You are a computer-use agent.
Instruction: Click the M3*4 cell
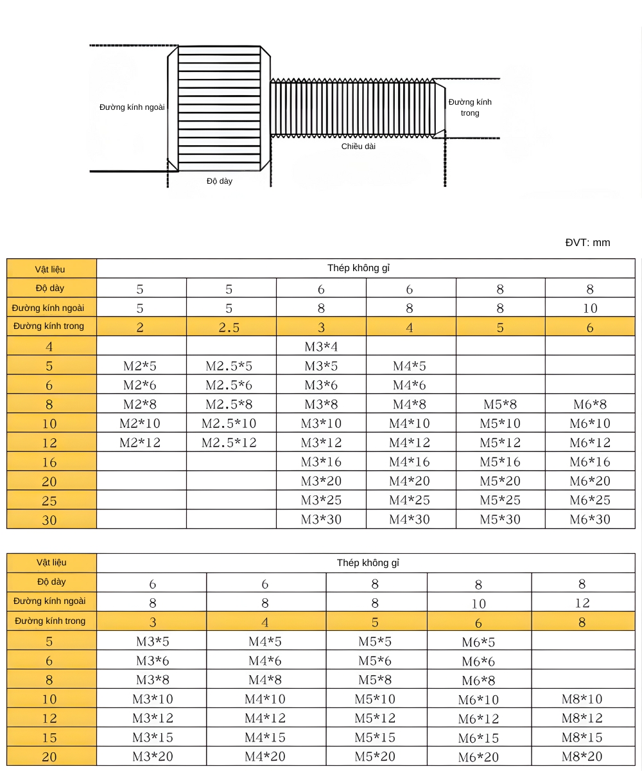tap(321, 347)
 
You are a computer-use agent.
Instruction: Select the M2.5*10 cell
tap(229, 423)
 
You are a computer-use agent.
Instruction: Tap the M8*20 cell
tap(582, 756)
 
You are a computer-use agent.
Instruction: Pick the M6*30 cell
tap(589, 519)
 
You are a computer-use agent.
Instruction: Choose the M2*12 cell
tap(140, 443)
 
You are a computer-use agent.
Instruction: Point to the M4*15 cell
tap(265, 738)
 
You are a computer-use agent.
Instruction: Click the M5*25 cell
tap(500, 500)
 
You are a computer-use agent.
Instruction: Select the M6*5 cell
tap(478, 642)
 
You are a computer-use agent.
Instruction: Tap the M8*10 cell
tap(582, 699)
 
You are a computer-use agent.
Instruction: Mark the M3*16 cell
tap(321, 462)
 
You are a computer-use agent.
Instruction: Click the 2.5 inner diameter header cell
tap(229, 327)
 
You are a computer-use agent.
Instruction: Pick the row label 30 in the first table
tap(49, 520)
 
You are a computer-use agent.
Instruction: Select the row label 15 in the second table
tap(49, 738)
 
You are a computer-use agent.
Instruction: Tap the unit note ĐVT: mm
tap(587, 242)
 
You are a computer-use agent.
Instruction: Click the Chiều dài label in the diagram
tap(358, 146)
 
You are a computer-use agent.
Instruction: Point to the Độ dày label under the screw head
tap(220, 181)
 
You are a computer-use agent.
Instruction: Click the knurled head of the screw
tap(218, 108)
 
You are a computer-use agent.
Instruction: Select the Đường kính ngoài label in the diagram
tap(132, 107)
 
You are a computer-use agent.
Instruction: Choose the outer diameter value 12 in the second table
tap(582, 603)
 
